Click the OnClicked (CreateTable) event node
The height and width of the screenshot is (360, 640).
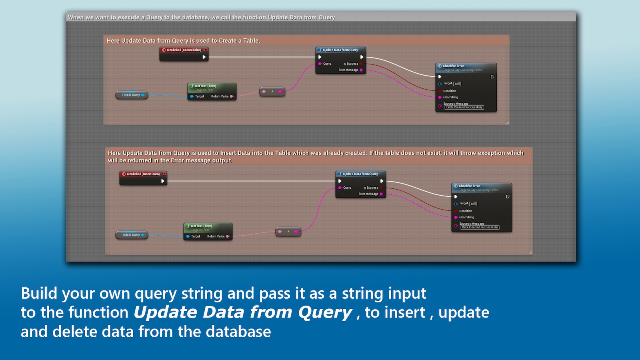pos(184,50)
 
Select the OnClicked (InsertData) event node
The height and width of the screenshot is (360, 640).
pos(143,174)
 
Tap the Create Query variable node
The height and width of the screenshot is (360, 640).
pos(131,95)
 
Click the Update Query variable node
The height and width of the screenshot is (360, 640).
pos(131,235)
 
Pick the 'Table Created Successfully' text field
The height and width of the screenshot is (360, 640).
pos(464,108)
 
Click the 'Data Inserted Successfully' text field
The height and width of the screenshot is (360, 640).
pos(480,228)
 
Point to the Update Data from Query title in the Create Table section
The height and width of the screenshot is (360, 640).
pos(340,50)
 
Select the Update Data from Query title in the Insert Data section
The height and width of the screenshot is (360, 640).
pos(360,174)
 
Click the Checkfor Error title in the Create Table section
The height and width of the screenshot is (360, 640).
pos(453,66)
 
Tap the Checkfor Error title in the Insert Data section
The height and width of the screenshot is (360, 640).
pos(469,186)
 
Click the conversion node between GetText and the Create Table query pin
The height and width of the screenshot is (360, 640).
pos(272,92)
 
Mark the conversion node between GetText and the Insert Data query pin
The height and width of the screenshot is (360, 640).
pos(288,232)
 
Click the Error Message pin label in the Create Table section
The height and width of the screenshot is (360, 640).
pos(348,70)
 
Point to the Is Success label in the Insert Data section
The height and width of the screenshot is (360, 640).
pos(370,188)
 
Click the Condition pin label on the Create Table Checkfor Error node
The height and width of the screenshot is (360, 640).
pos(449,91)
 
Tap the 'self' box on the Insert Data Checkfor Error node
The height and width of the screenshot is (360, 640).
pos(473,204)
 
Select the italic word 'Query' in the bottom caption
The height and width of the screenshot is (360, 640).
pos(325,312)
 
